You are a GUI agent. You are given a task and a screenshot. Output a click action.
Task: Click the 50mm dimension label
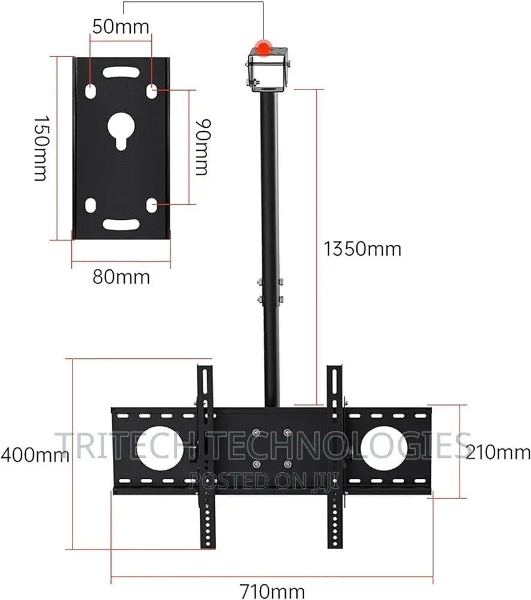(121, 26)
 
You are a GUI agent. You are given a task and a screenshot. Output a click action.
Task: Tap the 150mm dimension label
(40, 148)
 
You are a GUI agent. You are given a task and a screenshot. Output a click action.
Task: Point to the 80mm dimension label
(121, 277)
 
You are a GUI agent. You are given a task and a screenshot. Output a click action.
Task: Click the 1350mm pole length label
(362, 248)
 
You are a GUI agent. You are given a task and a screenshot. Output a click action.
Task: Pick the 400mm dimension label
(34, 455)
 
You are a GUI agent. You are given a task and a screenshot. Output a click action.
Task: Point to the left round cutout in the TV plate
(158, 447)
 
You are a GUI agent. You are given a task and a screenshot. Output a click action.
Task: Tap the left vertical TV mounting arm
(206, 456)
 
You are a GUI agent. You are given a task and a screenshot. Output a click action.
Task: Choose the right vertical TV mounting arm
(335, 456)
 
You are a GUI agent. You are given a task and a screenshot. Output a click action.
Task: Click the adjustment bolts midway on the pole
(270, 290)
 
